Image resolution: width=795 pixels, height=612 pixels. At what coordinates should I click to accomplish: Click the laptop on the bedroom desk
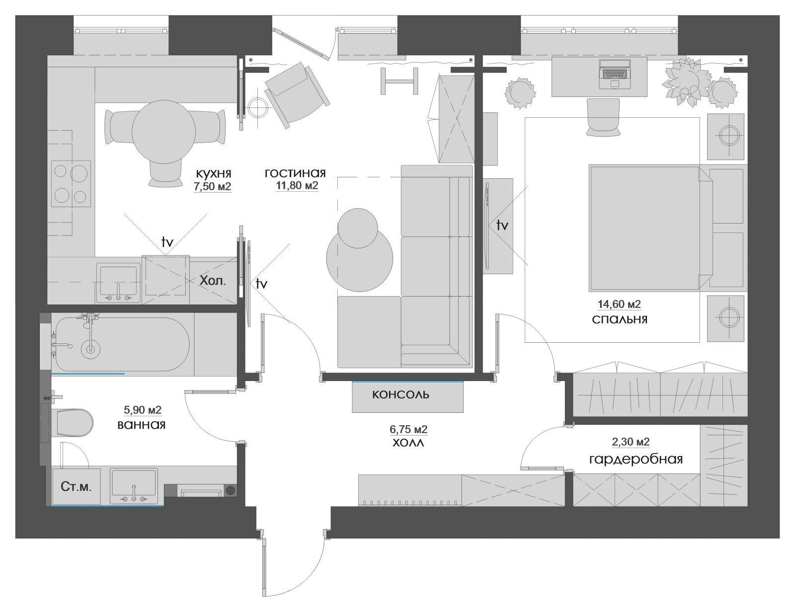click(x=615, y=74)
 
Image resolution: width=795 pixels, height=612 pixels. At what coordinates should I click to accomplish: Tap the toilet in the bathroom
click(x=75, y=423)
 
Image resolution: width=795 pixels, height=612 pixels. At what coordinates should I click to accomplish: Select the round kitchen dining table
click(x=163, y=132)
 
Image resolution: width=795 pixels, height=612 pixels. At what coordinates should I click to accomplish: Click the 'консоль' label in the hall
click(x=400, y=394)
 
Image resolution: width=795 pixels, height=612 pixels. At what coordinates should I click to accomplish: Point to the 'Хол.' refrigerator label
click(x=213, y=281)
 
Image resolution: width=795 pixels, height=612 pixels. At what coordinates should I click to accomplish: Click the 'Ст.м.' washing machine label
click(x=76, y=487)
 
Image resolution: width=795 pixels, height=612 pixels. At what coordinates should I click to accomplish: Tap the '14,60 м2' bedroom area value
click(x=620, y=304)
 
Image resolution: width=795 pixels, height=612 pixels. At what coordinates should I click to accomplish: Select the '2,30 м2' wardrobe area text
click(x=631, y=442)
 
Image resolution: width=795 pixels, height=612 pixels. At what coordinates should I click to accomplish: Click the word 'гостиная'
click(x=295, y=172)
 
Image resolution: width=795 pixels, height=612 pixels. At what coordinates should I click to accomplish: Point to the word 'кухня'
click(x=214, y=173)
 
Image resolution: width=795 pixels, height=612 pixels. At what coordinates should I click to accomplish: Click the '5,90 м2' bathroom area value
click(x=142, y=410)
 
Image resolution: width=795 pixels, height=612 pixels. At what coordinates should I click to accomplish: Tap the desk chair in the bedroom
click(x=603, y=117)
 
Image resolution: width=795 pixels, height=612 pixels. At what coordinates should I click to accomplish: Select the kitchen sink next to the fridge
click(x=118, y=283)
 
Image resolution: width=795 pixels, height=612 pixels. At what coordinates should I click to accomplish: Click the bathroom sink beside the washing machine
click(x=134, y=486)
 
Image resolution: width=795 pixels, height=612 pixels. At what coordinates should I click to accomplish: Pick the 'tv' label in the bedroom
click(x=502, y=225)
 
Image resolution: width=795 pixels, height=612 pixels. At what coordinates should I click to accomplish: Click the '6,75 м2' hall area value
click(x=408, y=429)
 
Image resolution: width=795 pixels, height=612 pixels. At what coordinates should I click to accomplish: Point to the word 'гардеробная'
click(x=636, y=459)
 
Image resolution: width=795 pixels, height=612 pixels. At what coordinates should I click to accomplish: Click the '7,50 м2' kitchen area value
click(x=213, y=186)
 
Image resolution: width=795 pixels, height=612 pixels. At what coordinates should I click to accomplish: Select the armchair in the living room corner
click(x=296, y=94)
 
